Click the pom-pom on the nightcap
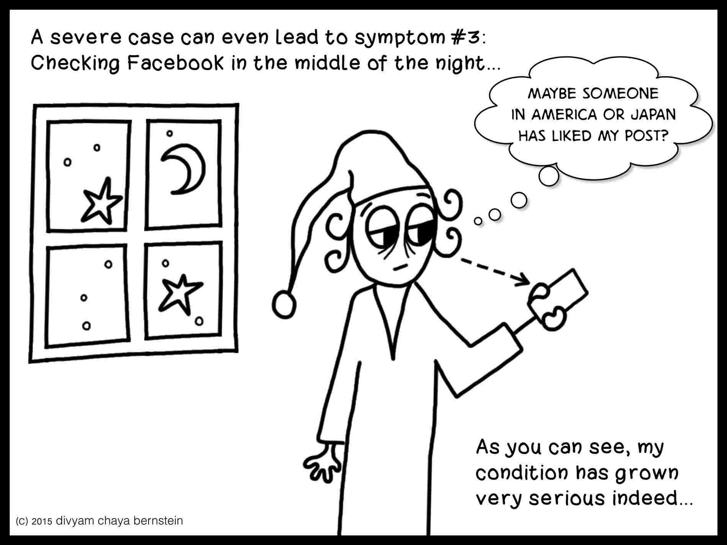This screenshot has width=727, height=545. pyautogui.click(x=284, y=304)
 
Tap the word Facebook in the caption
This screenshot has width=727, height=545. pyautogui.click(x=175, y=64)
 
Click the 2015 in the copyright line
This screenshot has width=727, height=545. pyautogui.click(x=42, y=521)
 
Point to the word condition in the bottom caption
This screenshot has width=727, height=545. pyautogui.click(x=523, y=473)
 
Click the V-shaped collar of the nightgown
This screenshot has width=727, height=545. pyautogui.click(x=391, y=323)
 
